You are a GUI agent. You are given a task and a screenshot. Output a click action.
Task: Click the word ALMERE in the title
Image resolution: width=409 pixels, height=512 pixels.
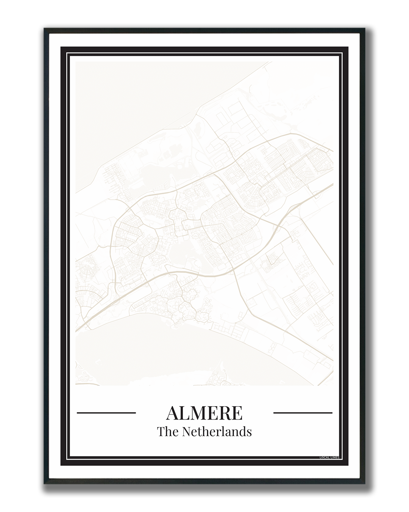click(x=204, y=413)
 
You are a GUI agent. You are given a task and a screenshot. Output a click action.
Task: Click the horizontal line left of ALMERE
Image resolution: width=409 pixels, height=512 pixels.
click(x=106, y=412)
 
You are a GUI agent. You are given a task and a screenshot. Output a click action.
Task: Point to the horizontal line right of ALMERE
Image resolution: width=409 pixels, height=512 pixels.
click(x=303, y=412)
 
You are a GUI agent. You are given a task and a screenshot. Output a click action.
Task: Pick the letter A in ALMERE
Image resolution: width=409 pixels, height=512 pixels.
click(x=173, y=413)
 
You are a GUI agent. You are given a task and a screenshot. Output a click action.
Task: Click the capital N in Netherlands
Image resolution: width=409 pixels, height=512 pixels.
click(x=186, y=432)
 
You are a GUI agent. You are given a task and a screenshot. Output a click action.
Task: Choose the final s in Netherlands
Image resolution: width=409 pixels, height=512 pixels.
click(x=249, y=432)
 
